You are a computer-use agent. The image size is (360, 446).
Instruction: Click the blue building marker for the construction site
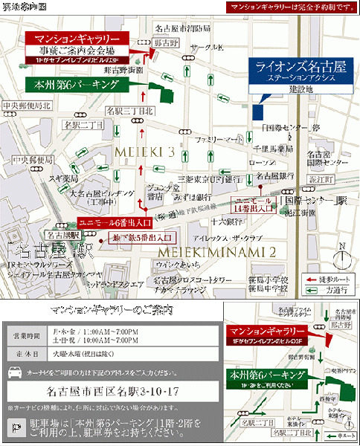[x=258, y=111]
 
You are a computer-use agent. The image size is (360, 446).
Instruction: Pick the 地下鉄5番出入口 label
[x=142, y=237]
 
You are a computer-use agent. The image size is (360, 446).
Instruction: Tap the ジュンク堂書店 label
[x=155, y=192]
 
